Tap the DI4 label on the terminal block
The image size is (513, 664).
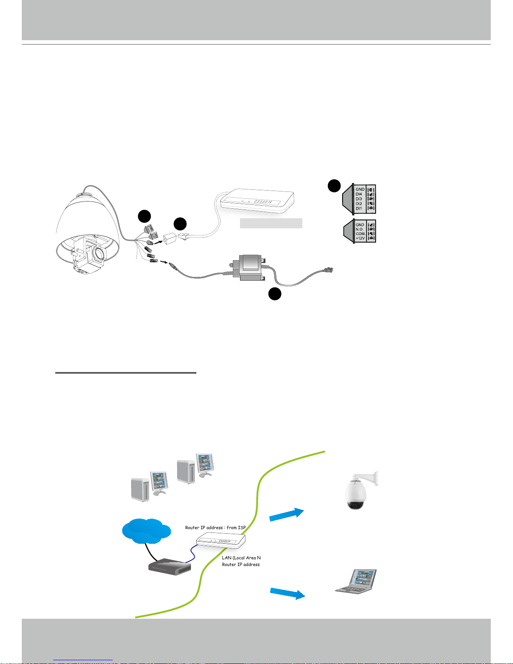click(359, 194)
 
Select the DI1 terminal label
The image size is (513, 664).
click(359, 208)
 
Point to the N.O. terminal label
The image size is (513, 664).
click(360, 229)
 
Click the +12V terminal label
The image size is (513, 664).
click(360, 238)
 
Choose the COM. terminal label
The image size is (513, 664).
click(360, 234)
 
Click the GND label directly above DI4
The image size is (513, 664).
click(360, 189)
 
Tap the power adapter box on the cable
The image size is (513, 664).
click(249, 268)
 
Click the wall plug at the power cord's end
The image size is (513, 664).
click(329, 271)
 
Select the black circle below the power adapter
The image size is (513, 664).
click(275, 294)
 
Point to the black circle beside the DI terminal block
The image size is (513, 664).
click(334, 186)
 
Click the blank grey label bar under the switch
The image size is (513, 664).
click(271, 223)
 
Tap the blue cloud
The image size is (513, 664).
click(146, 531)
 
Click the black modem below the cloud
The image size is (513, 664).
click(170, 566)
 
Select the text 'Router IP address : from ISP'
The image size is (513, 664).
click(215, 527)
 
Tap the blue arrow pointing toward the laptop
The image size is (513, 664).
click(287, 593)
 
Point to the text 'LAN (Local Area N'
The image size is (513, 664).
click(241, 558)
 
